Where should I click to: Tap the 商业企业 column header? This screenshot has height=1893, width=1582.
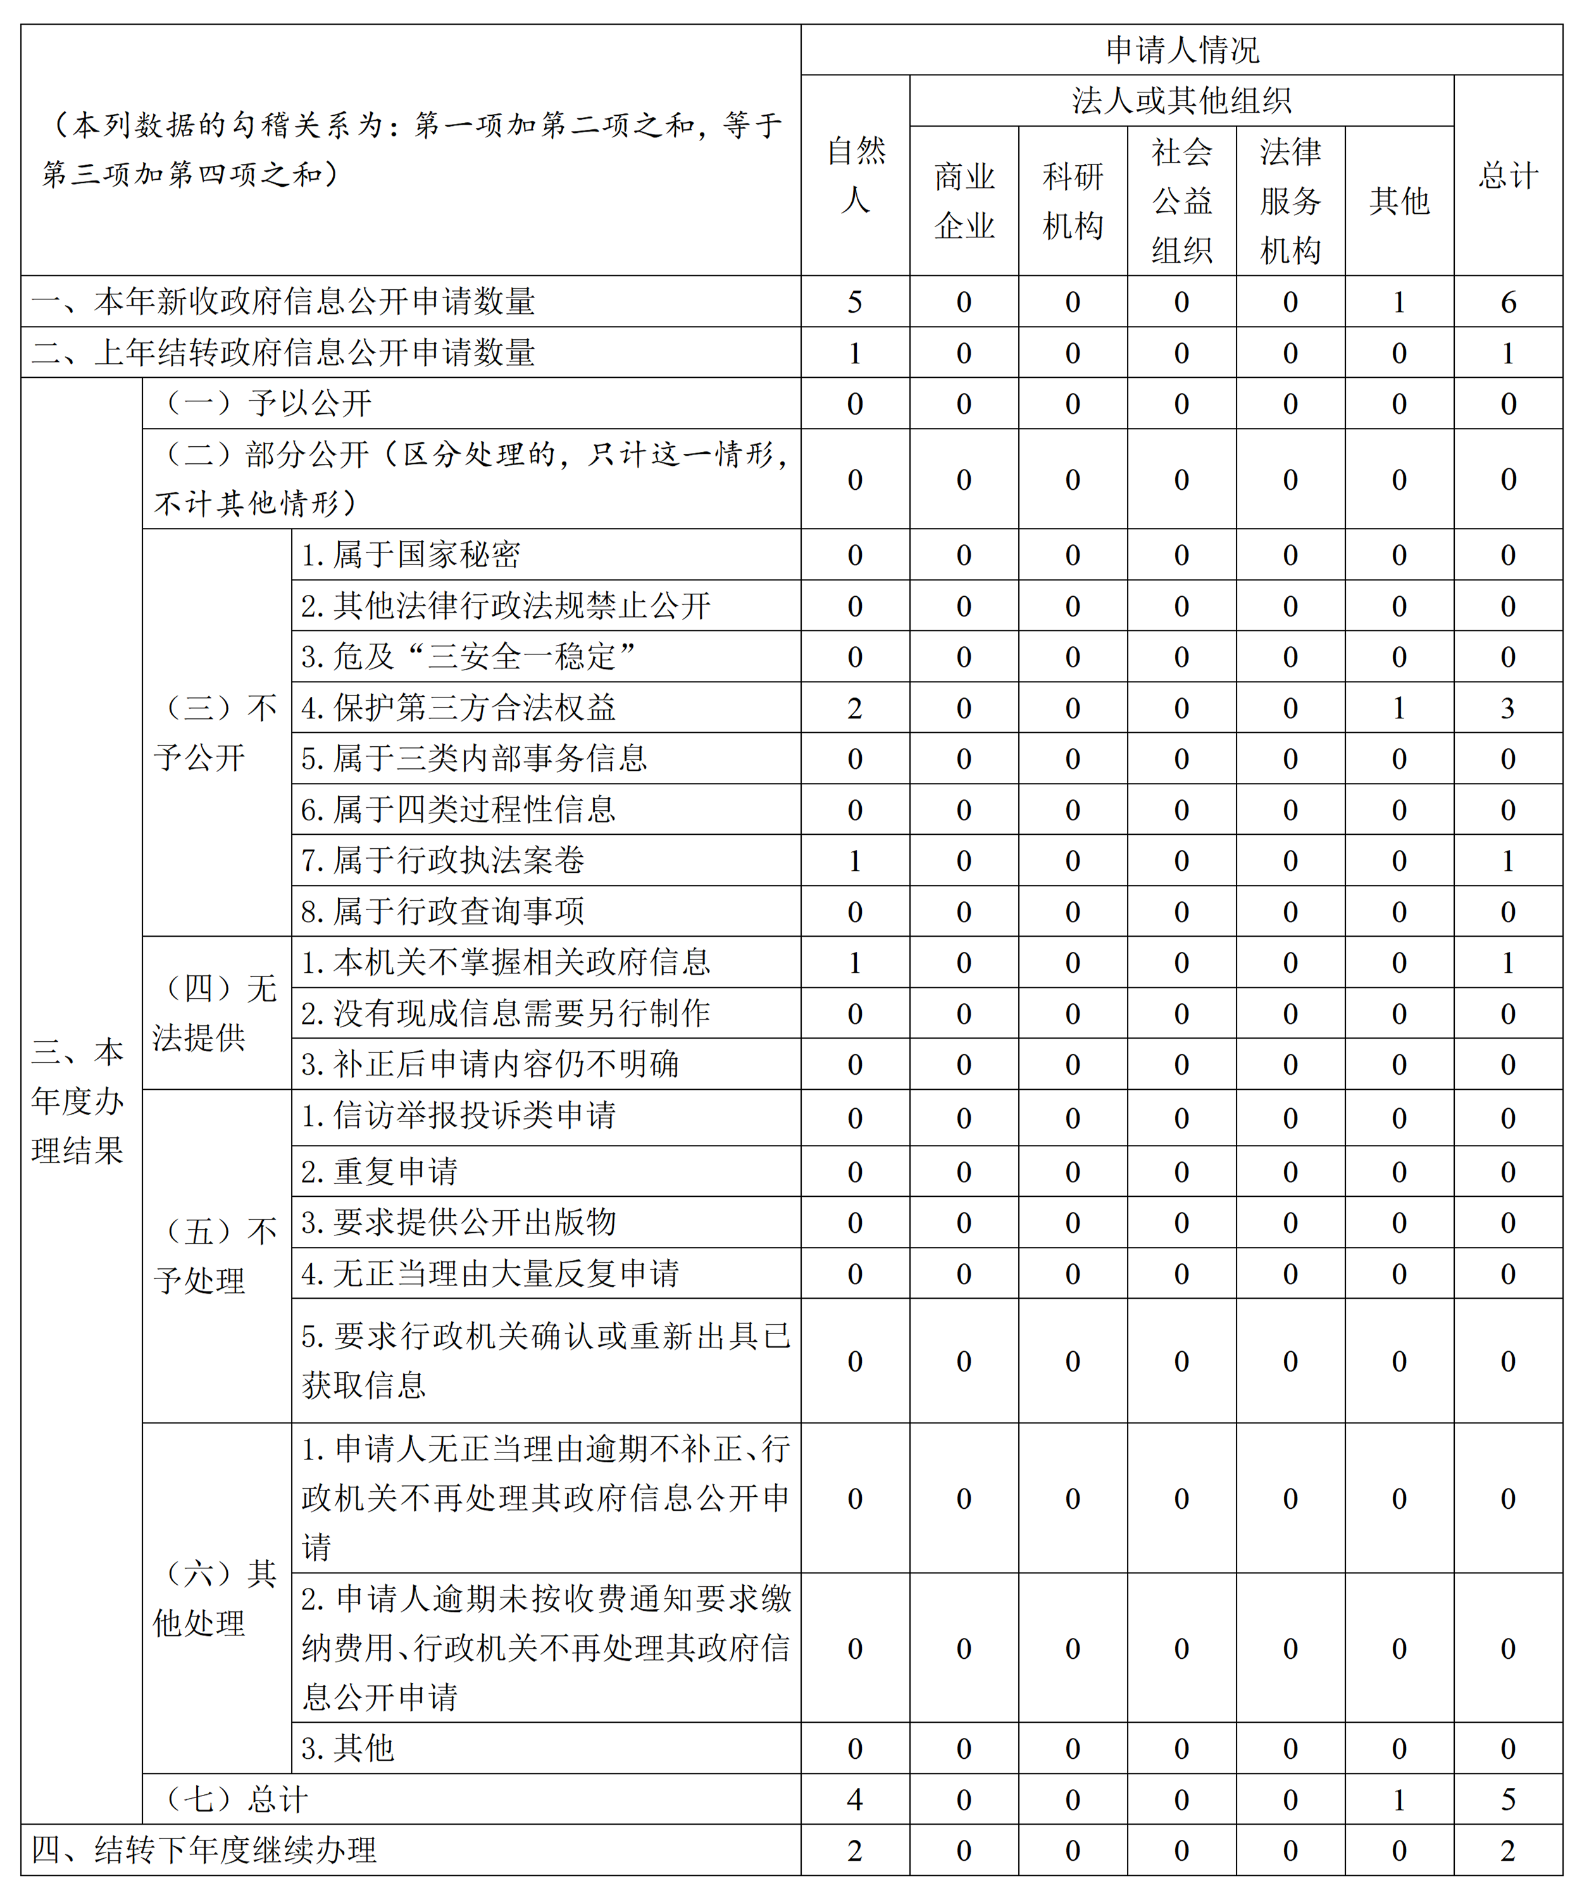[x=964, y=200]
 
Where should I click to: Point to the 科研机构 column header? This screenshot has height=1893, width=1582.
[x=1072, y=200]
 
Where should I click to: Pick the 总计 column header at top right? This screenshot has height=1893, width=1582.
[x=1507, y=175]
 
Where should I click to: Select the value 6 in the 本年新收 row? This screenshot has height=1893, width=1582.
[x=1507, y=301]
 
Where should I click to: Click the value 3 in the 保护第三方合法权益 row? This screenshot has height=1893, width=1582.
[x=1507, y=708]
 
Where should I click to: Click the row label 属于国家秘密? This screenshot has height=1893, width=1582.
[x=410, y=554]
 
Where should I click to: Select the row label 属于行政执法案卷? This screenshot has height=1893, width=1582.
[x=442, y=860]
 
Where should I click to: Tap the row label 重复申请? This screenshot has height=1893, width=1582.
[x=380, y=1171]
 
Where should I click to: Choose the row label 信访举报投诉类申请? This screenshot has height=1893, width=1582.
[x=459, y=1116]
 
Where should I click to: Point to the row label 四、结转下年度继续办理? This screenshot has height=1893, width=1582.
[x=204, y=1850]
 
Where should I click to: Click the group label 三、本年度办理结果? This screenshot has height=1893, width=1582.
[x=78, y=1101]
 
